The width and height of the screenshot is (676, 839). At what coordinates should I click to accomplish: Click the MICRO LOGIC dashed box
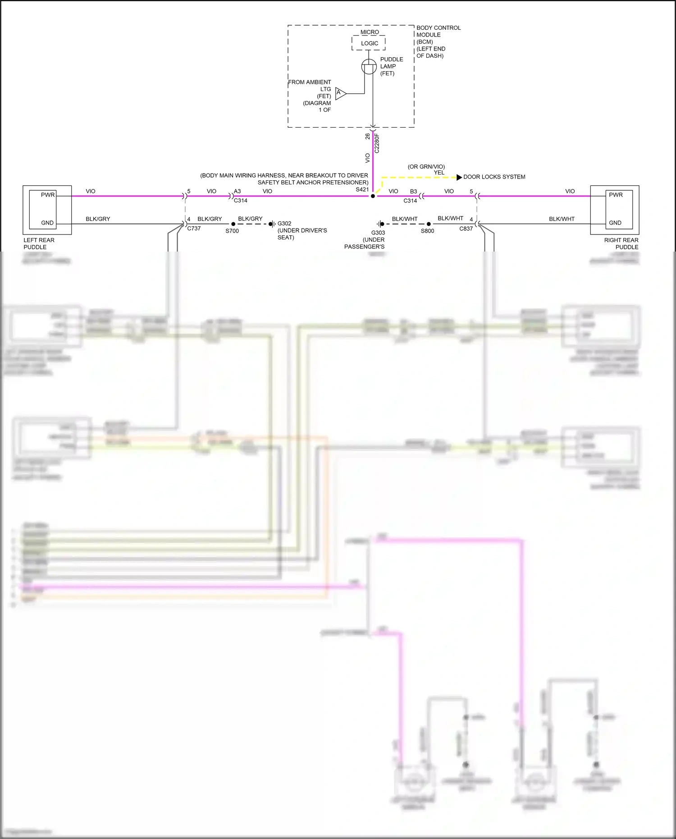coord(369,43)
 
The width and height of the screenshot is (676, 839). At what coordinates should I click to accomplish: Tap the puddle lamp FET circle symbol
coord(369,67)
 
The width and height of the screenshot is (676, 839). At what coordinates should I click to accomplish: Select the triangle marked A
coord(340,93)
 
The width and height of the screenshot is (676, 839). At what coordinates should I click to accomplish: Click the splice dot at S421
coord(373,196)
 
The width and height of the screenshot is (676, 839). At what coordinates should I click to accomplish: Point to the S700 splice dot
coord(233,224)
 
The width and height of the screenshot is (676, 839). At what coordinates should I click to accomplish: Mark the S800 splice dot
coord(428,224)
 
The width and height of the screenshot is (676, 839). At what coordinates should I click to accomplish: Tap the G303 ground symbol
coord(381,224)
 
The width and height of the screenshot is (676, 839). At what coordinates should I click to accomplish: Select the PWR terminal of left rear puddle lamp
coord(47,195)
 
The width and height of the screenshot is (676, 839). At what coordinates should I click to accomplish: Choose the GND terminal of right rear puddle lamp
coord(615,223)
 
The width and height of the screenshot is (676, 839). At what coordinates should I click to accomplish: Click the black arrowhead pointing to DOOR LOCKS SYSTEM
coord(459,177)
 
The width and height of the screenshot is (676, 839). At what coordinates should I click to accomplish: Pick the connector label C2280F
coord(377,143)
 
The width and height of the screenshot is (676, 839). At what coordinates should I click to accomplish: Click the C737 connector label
coord(194,229)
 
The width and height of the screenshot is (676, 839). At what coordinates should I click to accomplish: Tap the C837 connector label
coord(466,229)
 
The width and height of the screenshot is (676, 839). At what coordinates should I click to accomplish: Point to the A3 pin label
coord(237,191)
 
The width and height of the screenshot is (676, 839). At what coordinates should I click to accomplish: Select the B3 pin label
coord(413,191)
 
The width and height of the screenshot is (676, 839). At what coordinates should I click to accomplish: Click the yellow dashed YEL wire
coord(419,177)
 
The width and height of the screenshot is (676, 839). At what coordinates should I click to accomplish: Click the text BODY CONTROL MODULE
coord(438,31)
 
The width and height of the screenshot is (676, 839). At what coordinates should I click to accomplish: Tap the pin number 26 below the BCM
coord(368,136)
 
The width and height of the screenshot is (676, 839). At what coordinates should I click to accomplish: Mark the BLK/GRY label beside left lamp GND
coord(98,219)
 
